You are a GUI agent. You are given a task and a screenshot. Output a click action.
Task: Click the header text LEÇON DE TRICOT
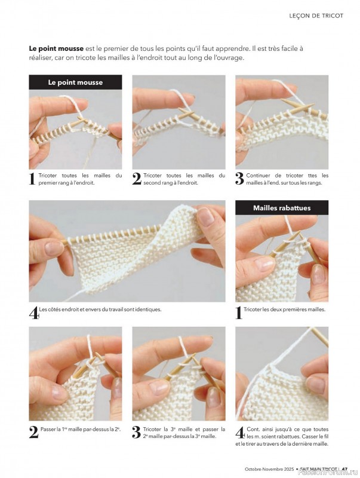pyautogui.click(x=316, y=16)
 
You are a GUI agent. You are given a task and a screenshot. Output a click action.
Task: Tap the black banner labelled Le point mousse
pyautogui.click(x=75, y=82)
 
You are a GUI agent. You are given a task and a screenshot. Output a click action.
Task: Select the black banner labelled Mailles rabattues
pyautogui.click(x=282, y=208)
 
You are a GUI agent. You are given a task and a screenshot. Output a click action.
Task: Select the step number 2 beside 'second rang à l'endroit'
pyautogui.click(x=136, y=179)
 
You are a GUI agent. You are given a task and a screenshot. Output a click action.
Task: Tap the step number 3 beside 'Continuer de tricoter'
pyautogui.click(x=239, y=179)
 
